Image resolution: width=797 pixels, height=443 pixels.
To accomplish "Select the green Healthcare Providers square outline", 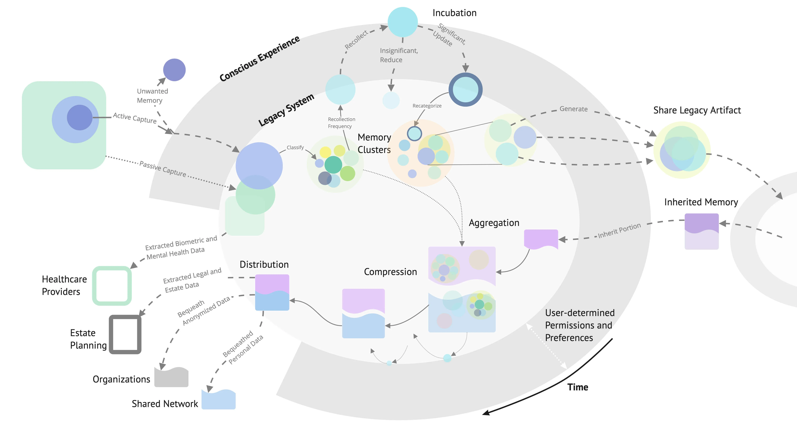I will (x=112, y=286).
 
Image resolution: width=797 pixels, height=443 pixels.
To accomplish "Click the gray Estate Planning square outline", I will (x=125, y=335).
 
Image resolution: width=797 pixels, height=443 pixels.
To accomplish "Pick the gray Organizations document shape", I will (x=171, y=377).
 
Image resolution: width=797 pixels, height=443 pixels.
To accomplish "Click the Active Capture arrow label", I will (x=135, y=118).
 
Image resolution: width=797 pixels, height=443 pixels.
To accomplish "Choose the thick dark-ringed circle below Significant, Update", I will (x=465, y=89).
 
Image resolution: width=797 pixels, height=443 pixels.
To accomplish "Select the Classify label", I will (x=295, y=147).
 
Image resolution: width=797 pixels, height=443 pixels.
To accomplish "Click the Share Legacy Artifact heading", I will (x=697, y=110).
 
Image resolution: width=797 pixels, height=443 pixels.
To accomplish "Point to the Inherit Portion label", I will (x=619, y=231).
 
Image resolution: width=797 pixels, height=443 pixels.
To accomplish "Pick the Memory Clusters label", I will (x=374, y=143).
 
